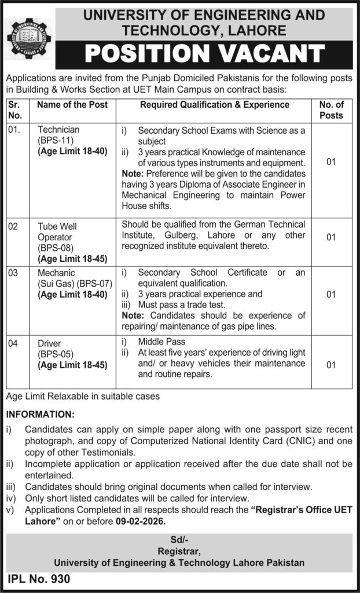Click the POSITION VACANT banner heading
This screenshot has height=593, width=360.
204,54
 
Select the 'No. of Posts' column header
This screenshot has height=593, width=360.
331,110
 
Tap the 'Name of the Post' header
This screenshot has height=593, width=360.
72,105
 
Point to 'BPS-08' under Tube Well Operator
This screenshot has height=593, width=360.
54,248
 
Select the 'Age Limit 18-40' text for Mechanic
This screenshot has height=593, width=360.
72,294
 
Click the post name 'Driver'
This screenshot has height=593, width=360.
50,343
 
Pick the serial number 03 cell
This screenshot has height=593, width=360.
13,273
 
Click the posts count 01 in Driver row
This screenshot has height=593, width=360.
331,365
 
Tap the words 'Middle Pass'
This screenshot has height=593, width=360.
162,342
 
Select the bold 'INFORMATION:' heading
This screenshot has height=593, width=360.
40,416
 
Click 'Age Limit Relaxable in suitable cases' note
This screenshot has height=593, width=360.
82,397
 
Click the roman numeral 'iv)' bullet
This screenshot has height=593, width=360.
11,498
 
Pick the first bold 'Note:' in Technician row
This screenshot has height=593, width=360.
134,173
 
